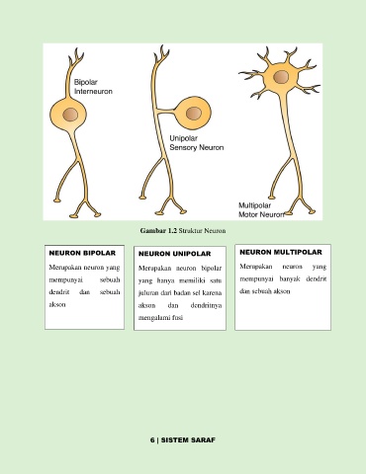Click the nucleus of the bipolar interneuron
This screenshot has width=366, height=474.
click(70, 115)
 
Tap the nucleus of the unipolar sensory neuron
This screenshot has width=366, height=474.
click(193, 114)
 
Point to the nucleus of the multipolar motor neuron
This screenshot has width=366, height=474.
click(281, 77)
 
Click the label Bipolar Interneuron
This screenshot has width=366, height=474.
click(93, 87)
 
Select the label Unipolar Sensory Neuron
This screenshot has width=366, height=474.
click(197, 143)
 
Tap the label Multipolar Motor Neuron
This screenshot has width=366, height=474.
click(261, 210)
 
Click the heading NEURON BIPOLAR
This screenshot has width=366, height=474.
click(82, 253)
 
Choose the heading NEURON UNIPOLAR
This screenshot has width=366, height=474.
click(174, 254)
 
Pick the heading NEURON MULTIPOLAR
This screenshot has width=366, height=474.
click(281, 252)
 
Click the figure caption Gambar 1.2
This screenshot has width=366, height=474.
click(159, 230)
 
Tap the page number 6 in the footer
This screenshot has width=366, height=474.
click(152, 440)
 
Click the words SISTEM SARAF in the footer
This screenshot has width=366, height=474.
click(188, 440)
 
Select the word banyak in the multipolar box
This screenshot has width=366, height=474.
click(290, 279)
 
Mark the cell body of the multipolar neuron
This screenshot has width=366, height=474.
click(281, 78)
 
